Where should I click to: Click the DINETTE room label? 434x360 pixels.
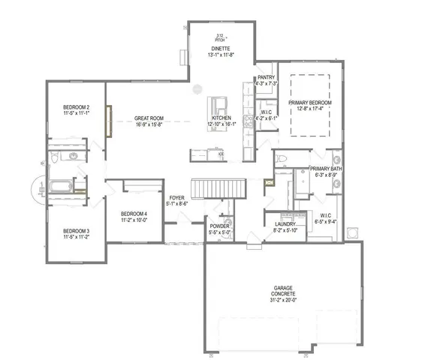point(220,48)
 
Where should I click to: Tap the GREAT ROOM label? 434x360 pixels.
point(149,118)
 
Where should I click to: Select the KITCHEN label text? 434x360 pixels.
point(220,118)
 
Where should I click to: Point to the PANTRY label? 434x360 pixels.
point(266,77)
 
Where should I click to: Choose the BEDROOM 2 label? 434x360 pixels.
point(77,108)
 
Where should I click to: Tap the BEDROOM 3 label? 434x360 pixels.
point(77,230)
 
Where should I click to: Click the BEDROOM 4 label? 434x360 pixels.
point(134,214)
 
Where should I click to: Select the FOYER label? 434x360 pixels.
point(176,197)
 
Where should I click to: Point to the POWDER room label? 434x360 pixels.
point(220,226)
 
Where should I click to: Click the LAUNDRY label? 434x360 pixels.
point(285,224)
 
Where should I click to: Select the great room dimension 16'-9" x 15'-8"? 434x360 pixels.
point(149,124)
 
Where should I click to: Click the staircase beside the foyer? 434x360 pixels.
point(219,187)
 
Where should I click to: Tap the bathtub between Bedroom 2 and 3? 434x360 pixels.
point(59,186)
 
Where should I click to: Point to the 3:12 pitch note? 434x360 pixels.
point(220,37)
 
